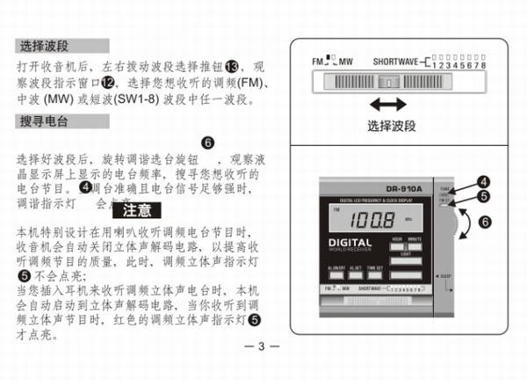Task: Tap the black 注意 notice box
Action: (x=137, y=210)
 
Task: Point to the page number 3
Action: (x=261, y=345)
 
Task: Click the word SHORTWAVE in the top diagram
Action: (x=395, y=63)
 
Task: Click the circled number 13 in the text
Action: (x=232, y=67)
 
